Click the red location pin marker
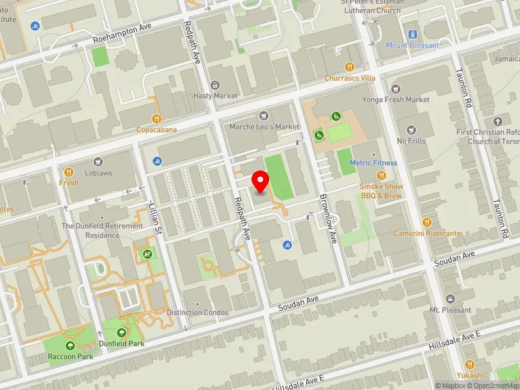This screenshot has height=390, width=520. (261, 181)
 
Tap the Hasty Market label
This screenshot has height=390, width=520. (215, 96)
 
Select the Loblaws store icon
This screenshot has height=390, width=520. (98, 161)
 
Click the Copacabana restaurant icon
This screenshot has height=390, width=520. (157, 119)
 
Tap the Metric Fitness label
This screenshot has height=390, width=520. (372, 162)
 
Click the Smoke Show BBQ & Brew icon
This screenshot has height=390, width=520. (382, 175)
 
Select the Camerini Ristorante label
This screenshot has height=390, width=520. (426, 233)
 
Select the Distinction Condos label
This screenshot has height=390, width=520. (198, 313)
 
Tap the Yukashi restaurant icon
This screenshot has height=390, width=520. (469, 364)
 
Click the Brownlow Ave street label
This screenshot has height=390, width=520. (327, 220)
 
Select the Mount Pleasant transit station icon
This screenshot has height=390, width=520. (412, 34)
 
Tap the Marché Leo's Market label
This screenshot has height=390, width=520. (264, 126)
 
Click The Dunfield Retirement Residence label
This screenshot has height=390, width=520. (102, 230)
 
